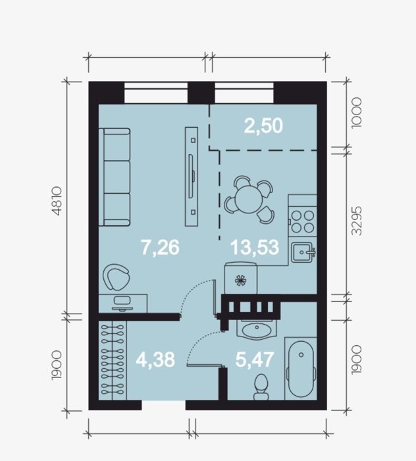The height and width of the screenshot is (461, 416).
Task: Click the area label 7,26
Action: pos(160,247)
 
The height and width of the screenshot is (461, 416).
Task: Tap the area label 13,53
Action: pos(255,247)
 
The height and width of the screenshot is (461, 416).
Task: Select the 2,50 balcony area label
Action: pos(263,126)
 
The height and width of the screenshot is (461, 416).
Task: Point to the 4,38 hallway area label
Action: pos(155,360)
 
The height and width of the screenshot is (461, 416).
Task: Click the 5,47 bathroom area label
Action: pos(255,360)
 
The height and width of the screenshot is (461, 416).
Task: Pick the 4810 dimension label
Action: pos(57,201)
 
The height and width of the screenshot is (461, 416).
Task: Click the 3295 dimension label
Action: pos(357,221)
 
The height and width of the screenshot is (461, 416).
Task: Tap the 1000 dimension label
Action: pos(357,113)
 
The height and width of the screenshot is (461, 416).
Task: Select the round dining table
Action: pos(249,200)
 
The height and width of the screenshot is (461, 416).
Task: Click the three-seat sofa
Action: pos(115,177)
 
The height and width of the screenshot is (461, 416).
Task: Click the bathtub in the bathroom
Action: pos(301,369)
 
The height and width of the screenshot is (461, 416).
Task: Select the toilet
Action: pos(261,387)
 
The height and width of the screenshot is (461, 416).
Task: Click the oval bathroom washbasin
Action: pos(257,329)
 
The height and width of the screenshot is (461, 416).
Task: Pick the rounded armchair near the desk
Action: pos(116,277)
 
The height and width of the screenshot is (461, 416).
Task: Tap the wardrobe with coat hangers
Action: pos(113,361)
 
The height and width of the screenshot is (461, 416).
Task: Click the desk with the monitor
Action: pos(122,304)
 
